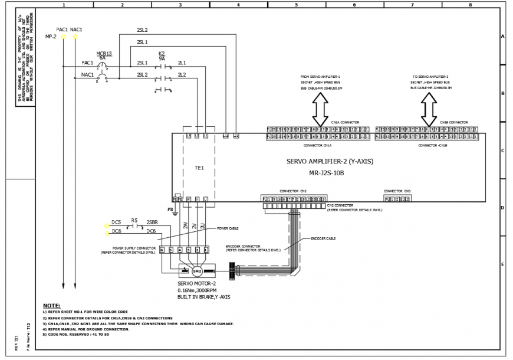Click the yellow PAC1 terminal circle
64,37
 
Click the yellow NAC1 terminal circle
75,37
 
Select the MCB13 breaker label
104,53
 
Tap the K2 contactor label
162,54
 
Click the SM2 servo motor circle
197,271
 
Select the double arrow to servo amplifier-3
429,107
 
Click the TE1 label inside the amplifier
199,168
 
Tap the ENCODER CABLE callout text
323,239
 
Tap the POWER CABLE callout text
228,228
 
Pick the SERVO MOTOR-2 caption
197,284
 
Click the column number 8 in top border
470,5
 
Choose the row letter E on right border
502,264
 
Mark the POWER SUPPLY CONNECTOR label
134,248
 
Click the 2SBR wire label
152,222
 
